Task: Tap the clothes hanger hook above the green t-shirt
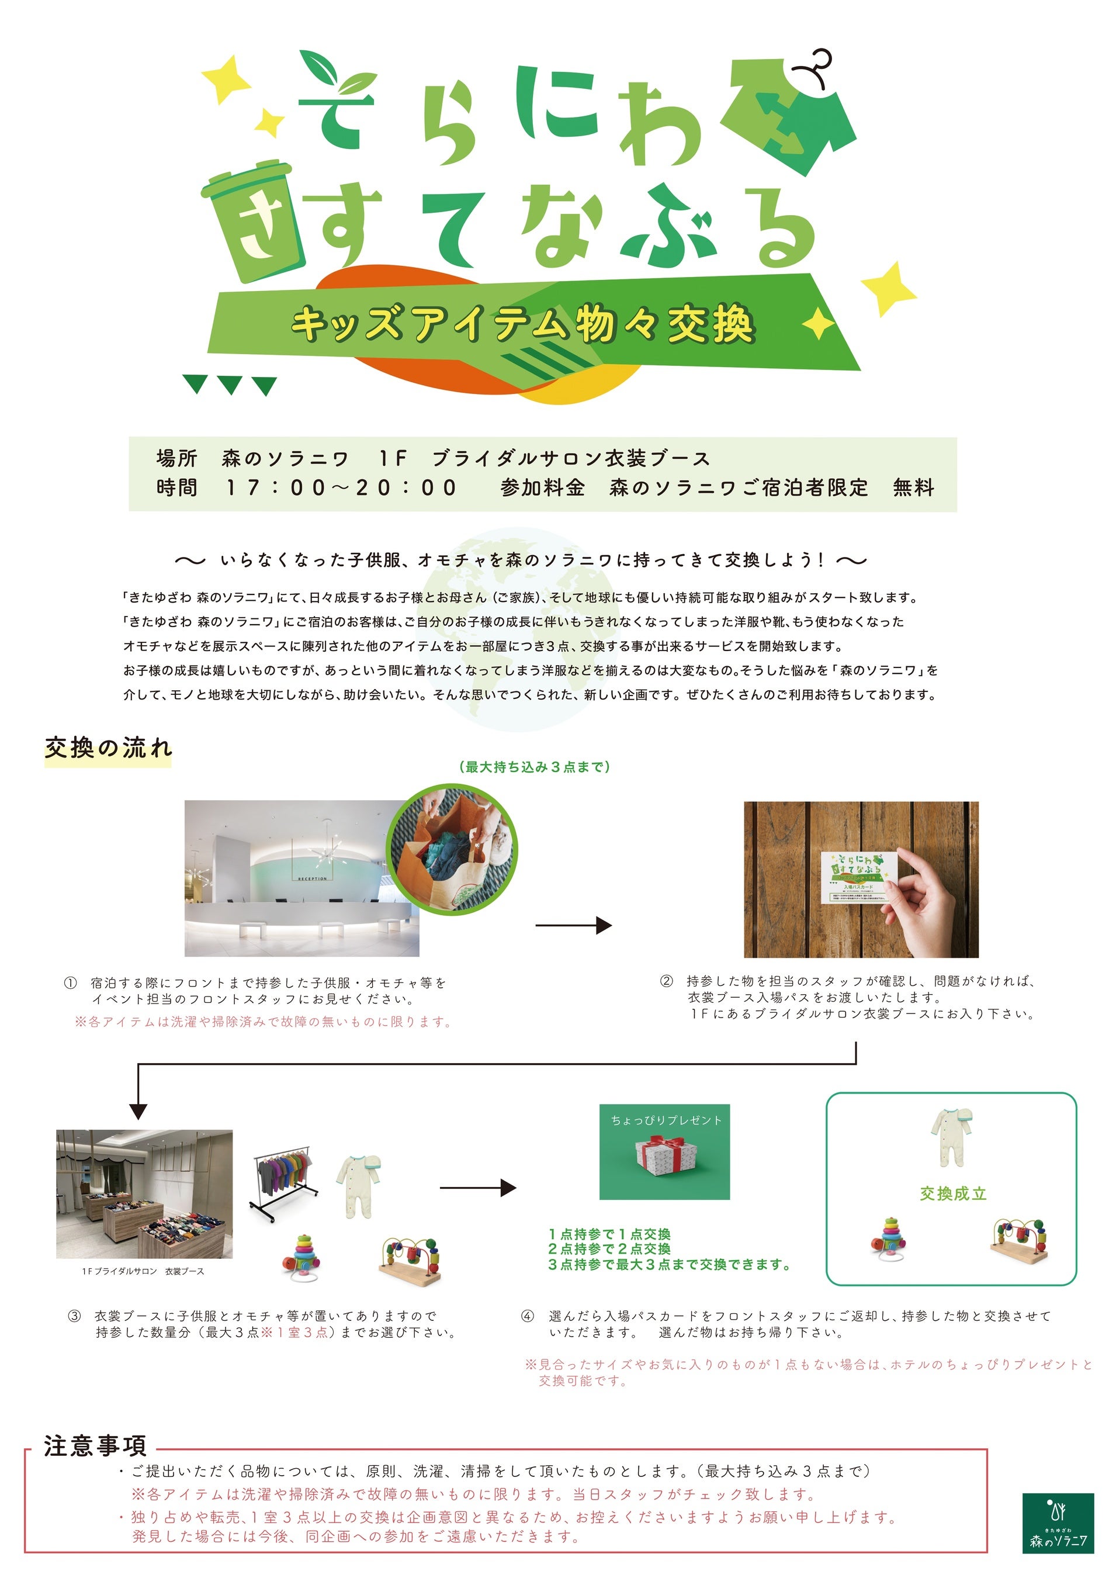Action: click(815, 66)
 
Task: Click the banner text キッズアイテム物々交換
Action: click(522, 325)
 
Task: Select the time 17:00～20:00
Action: click(342, 488)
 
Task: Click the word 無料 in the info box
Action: click(913, 488)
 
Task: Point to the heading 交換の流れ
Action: click(108, 749)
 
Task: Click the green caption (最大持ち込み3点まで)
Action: click(534, 767)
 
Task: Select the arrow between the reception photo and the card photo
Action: click(573, 926)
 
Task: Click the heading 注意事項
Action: click(95, 1446)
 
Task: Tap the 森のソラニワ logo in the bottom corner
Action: click(1058, 1532)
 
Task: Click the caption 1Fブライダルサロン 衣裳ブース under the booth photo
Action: click(143, 1272)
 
